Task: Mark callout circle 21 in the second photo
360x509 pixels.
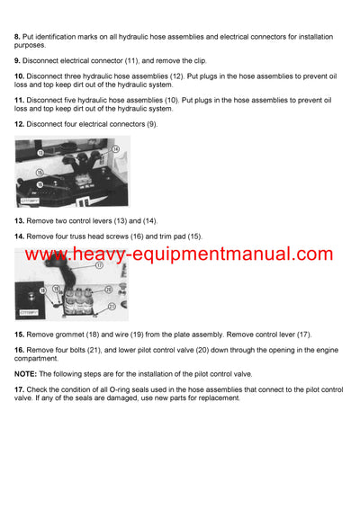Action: pyautogui.click(x=112, y=306)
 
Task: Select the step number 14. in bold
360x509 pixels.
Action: pyautogui.click(x=19, y=236)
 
